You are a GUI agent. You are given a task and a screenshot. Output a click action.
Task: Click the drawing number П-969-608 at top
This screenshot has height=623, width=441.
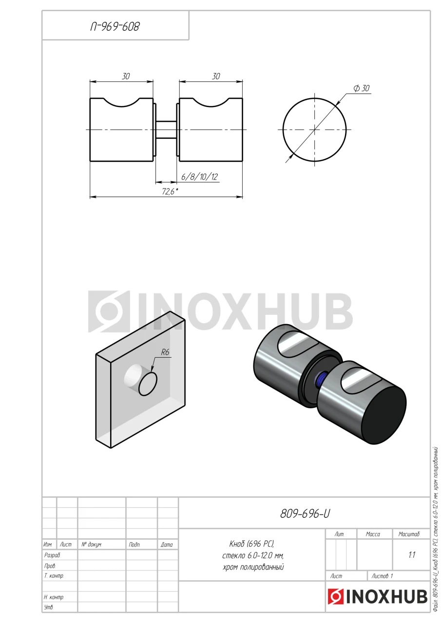click(115, 27)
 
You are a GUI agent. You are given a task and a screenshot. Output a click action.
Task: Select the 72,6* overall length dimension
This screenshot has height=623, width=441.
click(170, 192)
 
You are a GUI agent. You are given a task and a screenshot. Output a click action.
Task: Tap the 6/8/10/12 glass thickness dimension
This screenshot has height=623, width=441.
click(199, 177)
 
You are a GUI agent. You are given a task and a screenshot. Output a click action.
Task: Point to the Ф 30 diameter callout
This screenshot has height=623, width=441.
click(362, 88)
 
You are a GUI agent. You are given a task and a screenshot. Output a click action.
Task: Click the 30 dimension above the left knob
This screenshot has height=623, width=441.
click(126, 76)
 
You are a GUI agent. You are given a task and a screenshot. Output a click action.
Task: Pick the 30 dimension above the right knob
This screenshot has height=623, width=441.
click(216, 76)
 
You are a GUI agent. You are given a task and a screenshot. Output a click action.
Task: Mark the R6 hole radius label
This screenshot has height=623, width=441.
click(165, 352)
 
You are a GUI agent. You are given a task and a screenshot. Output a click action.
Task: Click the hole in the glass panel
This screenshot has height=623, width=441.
click(148, 384)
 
